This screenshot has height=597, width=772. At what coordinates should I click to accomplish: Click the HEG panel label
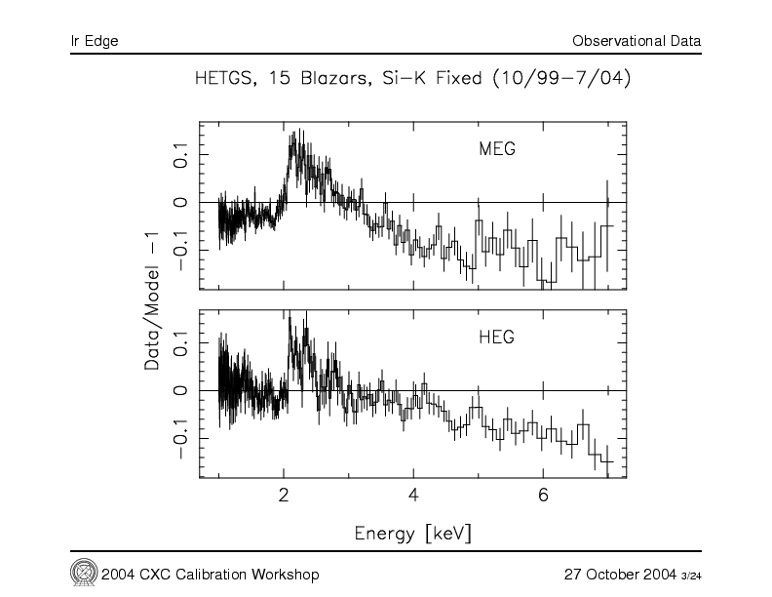click(496, 338)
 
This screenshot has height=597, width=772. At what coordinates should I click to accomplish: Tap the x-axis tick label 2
click(284, 494)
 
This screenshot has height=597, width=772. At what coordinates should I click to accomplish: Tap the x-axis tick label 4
click(414, 494)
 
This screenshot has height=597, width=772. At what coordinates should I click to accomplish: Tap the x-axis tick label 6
click(544, 494)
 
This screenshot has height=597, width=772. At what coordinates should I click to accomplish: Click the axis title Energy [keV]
click(413, 534)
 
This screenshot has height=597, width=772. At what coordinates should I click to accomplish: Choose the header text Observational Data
click(637, 41)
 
